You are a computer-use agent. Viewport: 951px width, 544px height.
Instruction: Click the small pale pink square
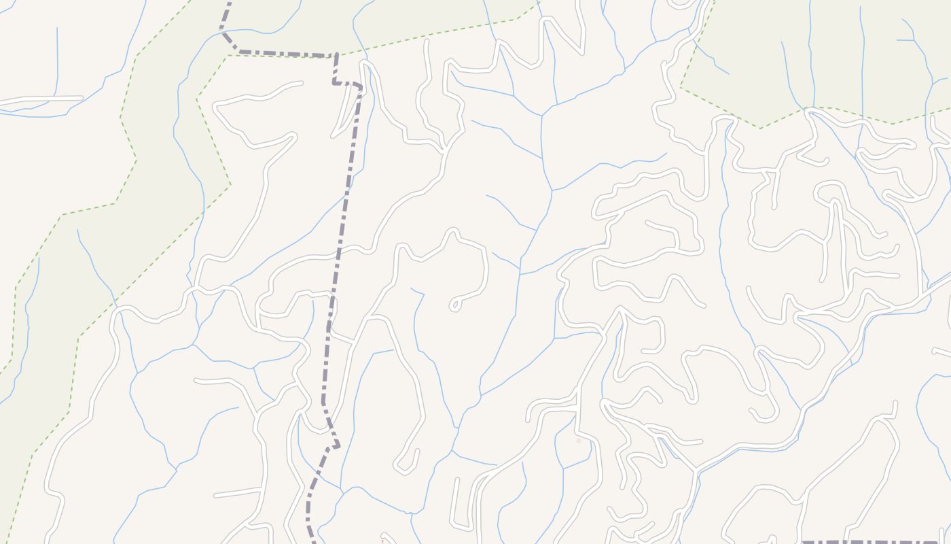pyautogui.click(x=579, y=441)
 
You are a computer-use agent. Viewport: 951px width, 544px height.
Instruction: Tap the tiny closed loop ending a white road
pyautogui.click(x=454, y=305)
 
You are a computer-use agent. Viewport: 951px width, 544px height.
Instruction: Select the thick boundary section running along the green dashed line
pyautogui.click(x=285, y=53)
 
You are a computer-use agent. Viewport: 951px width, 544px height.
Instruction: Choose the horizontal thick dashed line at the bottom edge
pyautogui.click(x=876, y=542)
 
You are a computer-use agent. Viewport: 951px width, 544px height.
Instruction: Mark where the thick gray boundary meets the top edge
pyautogui.click(x=230, y=3)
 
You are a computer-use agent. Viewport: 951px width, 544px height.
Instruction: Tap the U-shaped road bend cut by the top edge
pyautogui.click(x=683, y=5)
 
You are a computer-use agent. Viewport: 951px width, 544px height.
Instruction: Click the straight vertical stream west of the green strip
pyautogui.click(x=57, y=61)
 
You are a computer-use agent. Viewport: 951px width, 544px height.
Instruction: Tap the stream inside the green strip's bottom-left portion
pyautogui.click(x=27, y=326)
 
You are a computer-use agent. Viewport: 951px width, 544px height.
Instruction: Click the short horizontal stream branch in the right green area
pyautogui.click(x=905, y=40)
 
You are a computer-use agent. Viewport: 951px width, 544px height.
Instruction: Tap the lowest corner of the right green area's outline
pyautogui.click(x=760, y=128)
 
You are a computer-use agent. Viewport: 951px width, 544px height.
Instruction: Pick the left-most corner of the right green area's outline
pyautogui.click(x=681, y=87)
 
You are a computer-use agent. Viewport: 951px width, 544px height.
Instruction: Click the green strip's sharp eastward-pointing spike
pyautogui.click(x=230, y=184)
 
